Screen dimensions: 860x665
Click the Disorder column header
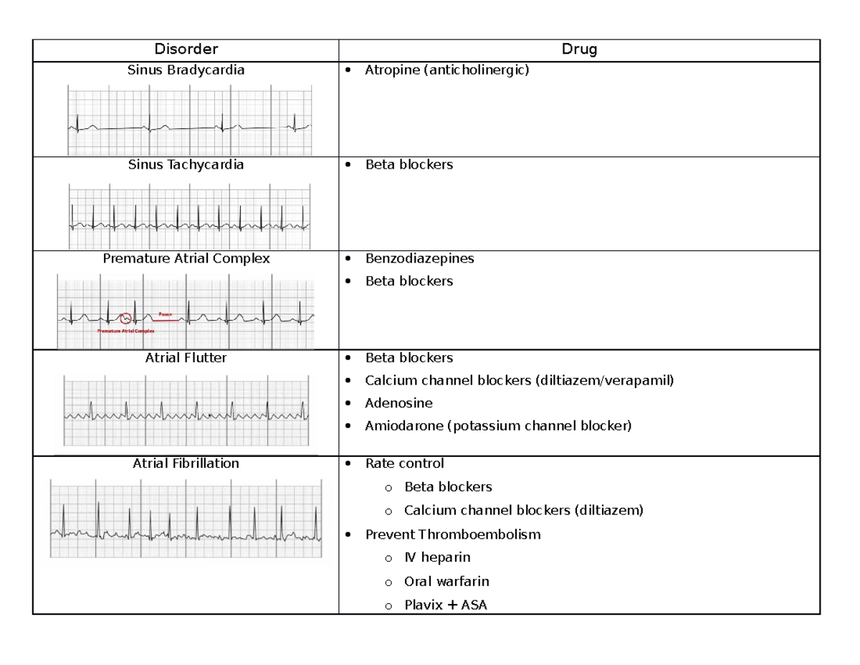click(186, 49)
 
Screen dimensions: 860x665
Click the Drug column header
click(579, 49)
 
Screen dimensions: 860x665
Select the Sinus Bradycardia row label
click(186, 70)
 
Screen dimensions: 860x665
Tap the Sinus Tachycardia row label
click(186, 165)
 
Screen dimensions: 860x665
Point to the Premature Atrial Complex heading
click(186, 259)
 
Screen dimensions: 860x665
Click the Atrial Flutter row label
click(186, 358)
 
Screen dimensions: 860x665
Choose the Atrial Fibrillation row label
click(186, 463)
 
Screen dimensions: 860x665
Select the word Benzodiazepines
click(419, 258)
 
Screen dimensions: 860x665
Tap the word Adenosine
click(398, 403)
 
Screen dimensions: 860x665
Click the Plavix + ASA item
click(445, 605)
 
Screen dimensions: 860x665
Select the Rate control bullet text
click(404, 463)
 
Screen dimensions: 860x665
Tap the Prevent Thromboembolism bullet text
click(453, 534)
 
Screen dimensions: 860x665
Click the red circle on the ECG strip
click(126, 318)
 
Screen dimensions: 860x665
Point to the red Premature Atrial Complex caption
click(127, 331)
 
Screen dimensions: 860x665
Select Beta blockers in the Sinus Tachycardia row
click(408, 165)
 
